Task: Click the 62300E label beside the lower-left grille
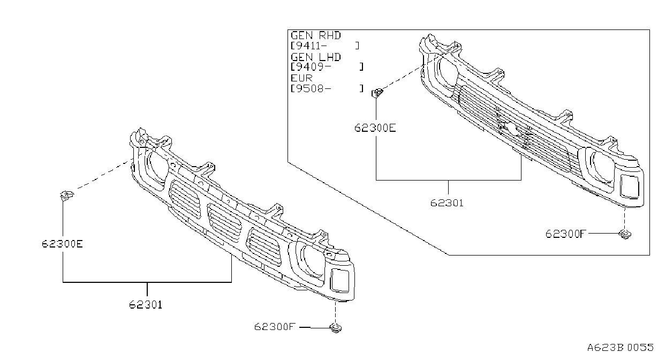(62, 244)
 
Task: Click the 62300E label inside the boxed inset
(375, 128)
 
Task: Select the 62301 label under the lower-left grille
(146, 305)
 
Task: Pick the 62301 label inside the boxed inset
(447, 203)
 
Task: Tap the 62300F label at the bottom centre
(274, 327)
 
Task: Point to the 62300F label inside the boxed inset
(566, 234)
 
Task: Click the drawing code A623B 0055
(621, 348)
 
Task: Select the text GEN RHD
(316, 35)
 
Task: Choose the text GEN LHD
(316, 57)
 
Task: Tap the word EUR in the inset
(301, 78)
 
